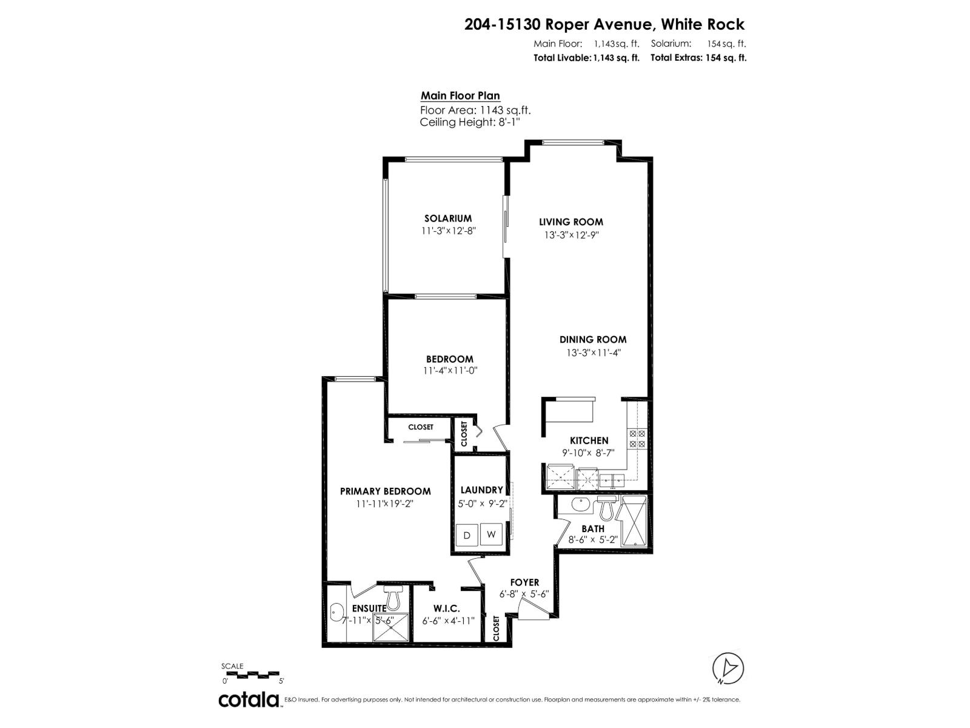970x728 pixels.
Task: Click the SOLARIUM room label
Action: tap(447, 218)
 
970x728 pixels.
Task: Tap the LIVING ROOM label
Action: tap(571, 222)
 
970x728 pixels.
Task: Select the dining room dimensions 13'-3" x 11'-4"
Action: tap(592, 352)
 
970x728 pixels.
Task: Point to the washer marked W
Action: tap(492, 534)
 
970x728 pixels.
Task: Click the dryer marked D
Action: tap(467, 535)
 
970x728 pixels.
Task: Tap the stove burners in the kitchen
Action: tap(638, 438)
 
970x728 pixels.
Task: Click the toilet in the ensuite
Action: tap(393, 598)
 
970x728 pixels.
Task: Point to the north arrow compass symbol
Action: tap(728, 668)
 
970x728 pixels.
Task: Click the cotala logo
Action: tap(249, 699)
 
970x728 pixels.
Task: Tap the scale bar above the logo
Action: tap(251, 673)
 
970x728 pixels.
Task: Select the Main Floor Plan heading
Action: tap(460, 96)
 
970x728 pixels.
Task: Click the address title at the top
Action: tap(604, 24)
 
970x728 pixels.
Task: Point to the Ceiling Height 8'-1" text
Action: tap(470, 123)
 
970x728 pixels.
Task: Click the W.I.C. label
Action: tap(446, 608)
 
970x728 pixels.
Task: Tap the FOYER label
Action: tap(524, 582)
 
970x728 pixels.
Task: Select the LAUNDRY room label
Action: tap(481, 490)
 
